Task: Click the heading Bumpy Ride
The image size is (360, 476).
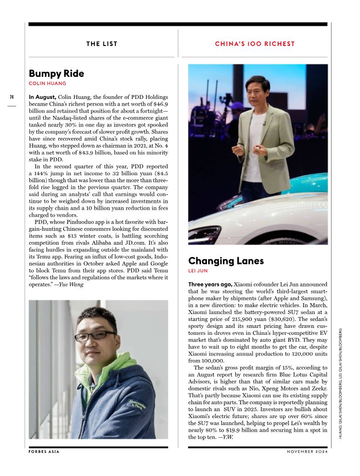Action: (x=56, y=74)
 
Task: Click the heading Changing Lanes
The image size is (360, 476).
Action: (x=226, y=261)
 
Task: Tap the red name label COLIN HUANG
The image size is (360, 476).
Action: (x=47, y=84)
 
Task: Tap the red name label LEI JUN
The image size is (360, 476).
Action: (x=198, y=271)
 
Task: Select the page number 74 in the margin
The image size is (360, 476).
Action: (x=11, y=97)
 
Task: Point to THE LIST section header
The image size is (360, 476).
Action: (x=102, y=44)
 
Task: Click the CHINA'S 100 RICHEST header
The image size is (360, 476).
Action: (x=255, y=44)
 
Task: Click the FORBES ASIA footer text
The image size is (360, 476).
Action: (x=44, y=452)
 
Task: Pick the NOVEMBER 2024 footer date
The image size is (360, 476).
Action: (x=307, y=452)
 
